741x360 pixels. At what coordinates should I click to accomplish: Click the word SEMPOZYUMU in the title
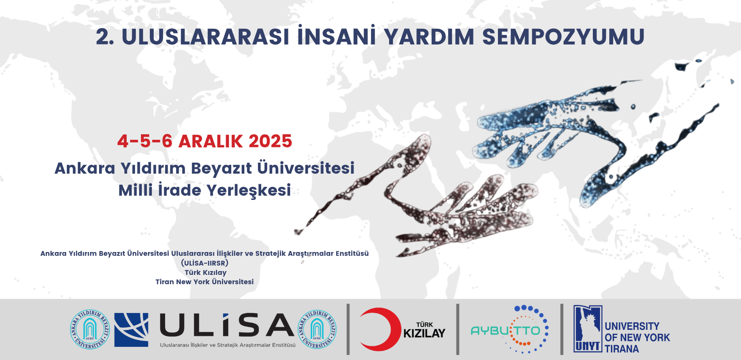[x=563, y=37]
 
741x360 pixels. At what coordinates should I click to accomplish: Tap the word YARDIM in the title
[x=429, y=37]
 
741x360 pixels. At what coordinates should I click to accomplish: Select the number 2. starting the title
[x=105, y=37]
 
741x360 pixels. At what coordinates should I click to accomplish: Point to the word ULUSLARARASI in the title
[x=205, y=37]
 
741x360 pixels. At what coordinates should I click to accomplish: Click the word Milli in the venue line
[x=135, y=190]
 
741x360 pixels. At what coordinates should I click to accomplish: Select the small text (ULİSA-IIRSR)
[x=205, y=263]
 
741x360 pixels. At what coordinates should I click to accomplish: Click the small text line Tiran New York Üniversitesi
[x=205, y=282]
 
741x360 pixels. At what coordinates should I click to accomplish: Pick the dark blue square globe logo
[x=131, y=330]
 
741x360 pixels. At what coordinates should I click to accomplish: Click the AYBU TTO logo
[x=510, y=330]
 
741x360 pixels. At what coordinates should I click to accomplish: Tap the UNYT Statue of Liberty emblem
[x=588, y=329]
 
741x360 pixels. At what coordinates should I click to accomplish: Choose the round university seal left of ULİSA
[x=90, y=329]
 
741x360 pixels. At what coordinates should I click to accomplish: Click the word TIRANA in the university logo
[x=622, y=349]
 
